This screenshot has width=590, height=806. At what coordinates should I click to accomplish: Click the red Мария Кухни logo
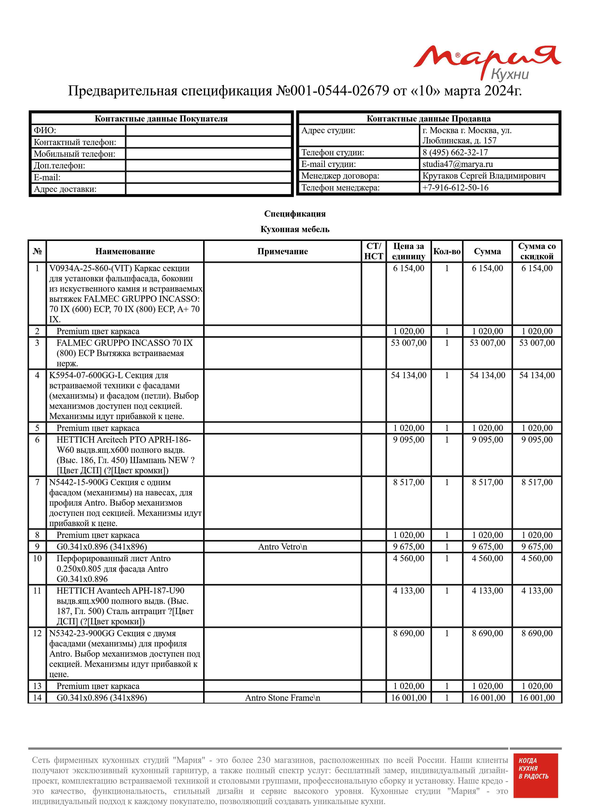point(487,63)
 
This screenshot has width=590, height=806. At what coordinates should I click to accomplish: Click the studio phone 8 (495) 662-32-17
point(455,152)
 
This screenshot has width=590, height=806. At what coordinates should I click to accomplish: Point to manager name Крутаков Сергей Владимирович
point(484,176)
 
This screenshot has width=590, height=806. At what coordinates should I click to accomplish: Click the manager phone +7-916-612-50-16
point(455,187)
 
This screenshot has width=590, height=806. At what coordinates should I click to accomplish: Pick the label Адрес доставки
point(65,189)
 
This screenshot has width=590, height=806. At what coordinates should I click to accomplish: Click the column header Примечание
point(282,251)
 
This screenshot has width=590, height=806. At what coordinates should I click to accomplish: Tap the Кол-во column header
point(447,251)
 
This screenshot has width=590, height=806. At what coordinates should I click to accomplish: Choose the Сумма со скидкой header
point(537,251)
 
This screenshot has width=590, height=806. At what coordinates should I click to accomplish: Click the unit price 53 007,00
point(408,343)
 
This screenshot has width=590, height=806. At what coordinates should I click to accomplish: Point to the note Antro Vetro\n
point(282,547)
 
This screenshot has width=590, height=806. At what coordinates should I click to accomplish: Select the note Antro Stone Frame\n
point(282,698)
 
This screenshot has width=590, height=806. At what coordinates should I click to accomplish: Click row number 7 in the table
point(37,482)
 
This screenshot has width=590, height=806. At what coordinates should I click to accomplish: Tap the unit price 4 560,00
point(408,558)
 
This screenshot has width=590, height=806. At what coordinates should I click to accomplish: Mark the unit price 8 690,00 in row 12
point(408,633)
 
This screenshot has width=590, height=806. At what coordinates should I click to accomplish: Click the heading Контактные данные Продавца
point(428,119)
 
